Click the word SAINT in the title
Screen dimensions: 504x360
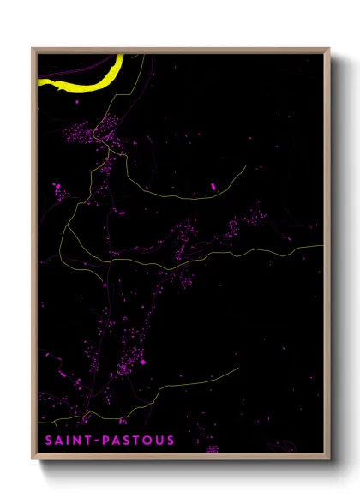coord(68,441)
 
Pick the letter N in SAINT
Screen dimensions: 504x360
coord(77,441)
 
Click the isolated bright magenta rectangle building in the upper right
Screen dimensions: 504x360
coord(213,185)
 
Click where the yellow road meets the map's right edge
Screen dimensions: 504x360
coord(323,246)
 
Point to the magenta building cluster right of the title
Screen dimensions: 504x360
coord(211,448)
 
